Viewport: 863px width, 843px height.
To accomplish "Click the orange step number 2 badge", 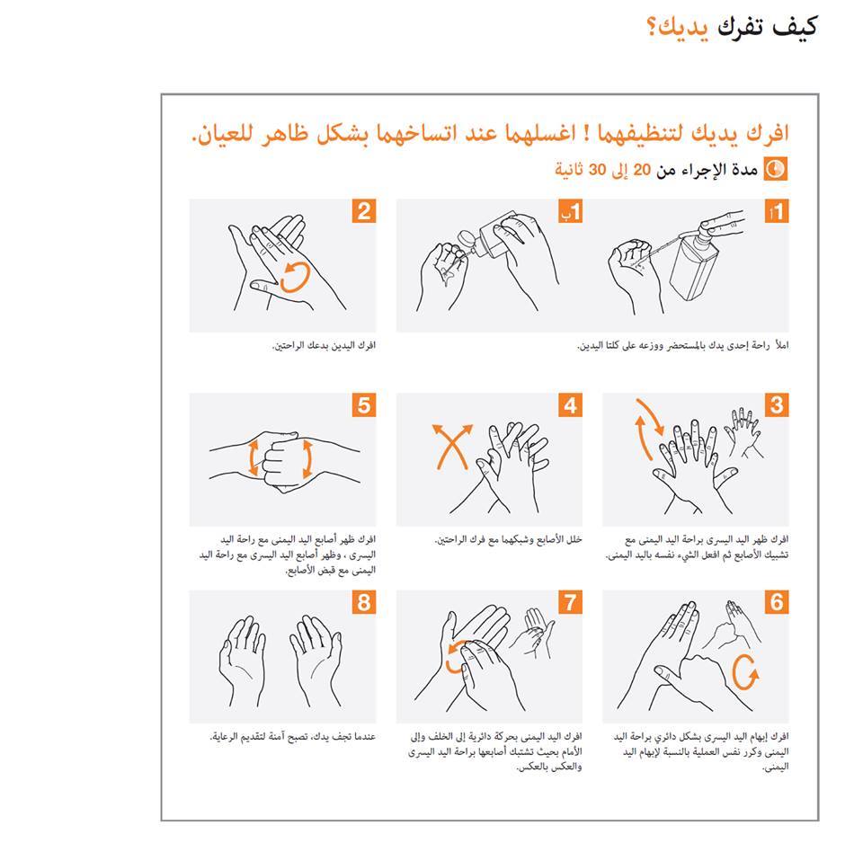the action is [364, 211].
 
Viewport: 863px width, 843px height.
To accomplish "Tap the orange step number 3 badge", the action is [777, 405].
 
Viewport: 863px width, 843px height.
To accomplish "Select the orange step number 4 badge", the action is [571, 405].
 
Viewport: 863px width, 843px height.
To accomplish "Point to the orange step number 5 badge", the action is [364, 405].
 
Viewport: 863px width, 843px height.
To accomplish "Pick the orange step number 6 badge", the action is [777, 602].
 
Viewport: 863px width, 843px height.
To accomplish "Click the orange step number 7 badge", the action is [571, 602].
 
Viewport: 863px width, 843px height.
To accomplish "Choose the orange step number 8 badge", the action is [364, 602].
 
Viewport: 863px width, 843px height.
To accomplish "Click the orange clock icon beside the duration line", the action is [776, 169].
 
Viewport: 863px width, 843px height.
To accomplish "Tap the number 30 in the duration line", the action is [597, 170].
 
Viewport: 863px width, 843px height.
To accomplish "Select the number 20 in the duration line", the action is [642, 170].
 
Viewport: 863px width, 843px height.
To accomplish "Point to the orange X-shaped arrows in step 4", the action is [452, 447].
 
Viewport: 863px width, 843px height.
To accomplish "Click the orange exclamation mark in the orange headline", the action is [587, 132].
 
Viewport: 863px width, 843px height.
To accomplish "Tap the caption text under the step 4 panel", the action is [508, 539].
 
